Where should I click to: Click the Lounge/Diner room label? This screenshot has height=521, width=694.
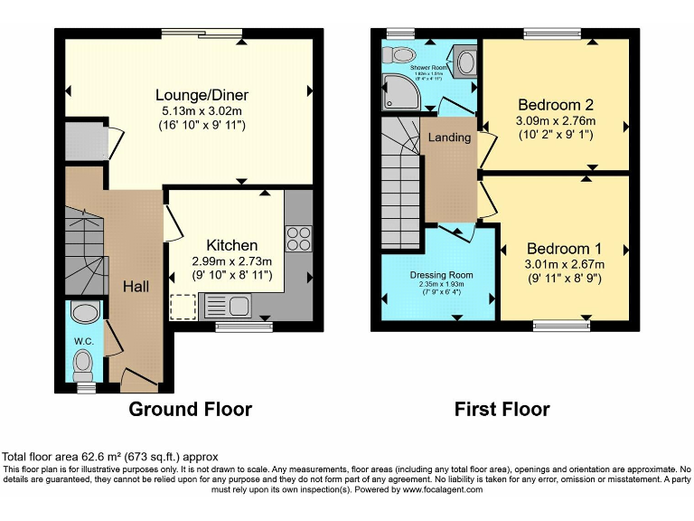pos(202,95)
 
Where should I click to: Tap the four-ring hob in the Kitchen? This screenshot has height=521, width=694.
pos(298,237)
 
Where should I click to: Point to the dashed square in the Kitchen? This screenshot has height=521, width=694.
pos(183,308)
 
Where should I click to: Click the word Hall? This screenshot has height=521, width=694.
pos(136,287)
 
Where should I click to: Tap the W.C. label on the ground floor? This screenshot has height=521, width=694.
pos(84,341)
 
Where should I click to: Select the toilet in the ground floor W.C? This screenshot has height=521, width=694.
pos(84,364)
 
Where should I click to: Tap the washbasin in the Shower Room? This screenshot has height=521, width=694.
pos(465,62)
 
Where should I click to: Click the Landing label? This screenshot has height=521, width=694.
pos(449,137)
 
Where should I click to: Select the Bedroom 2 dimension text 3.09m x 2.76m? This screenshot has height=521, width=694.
pos(555,120)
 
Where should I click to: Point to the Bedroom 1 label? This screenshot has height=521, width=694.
pos(564,248)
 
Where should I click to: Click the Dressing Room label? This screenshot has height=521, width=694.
pos(441,275)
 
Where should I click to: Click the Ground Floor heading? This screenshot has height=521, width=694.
pos(190,409)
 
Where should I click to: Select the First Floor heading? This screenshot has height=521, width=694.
pos(502,409)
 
